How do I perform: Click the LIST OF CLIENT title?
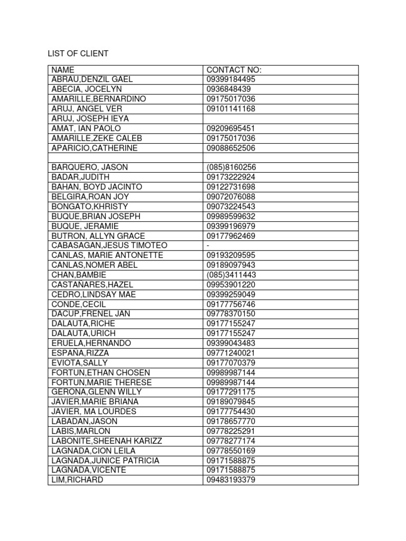pos(78,54)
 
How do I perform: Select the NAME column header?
pos(63,70)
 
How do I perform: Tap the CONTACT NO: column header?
pos(234,70)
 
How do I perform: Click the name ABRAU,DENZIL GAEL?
pos(92,79)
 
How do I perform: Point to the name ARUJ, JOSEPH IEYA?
pos(90,118)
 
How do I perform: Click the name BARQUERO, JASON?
pos(89,167)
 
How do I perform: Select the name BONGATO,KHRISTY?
pos(90,207)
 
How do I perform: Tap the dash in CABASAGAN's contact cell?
pos(208,246)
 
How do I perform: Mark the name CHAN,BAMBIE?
pos(79,275)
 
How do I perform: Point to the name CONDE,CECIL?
pos(79,304)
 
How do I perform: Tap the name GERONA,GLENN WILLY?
pos(96,392)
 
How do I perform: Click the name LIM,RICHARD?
pos(77,480)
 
